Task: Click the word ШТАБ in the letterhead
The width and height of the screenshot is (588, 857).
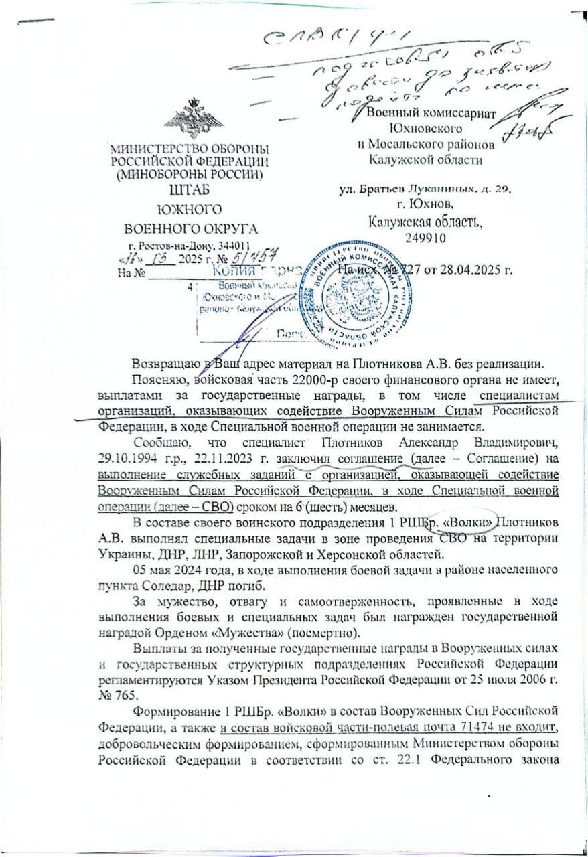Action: [x=190, y=190]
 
